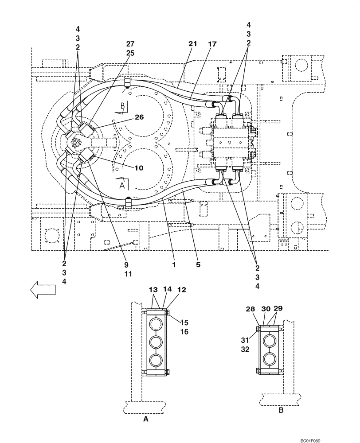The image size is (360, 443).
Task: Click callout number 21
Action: coord(192,44)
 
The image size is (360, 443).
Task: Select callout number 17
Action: coord(211,44)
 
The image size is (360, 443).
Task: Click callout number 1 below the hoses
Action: coord(175,265)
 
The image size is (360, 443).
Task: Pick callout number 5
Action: coord(198,265)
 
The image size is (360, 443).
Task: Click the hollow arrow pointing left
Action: coord(43,289)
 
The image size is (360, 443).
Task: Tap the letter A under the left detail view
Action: coord(146,418)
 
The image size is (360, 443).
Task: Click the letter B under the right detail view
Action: coord(280,410)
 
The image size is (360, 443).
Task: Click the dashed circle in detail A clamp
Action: coord(156,324)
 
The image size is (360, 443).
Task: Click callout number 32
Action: coord(245,349)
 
